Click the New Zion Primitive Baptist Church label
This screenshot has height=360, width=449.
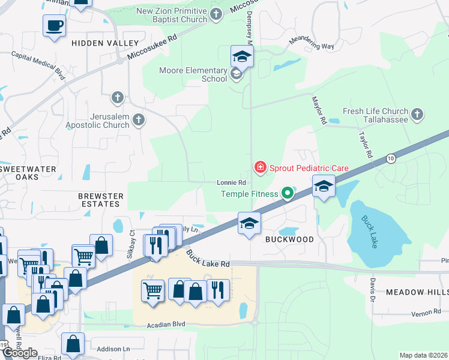tap(171, 15)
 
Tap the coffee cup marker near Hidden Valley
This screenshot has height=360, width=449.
tap(55, 26)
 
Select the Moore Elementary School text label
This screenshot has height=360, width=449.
tap(193, 74)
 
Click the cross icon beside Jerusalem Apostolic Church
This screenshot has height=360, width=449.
tap(139, 119)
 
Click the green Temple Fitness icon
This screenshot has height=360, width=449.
tap(288, 193)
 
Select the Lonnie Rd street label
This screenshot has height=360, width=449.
tap(232, 182)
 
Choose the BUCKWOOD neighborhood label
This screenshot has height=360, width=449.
tap(290, 239)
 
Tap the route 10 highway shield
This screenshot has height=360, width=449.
tap(391, 158)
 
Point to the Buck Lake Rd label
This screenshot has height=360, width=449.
tap(208, 260)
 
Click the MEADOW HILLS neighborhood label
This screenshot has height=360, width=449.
tap(417, 292)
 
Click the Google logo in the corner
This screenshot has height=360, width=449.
tap(20, 353)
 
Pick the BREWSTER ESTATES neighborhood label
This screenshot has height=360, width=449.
tap(101, 200)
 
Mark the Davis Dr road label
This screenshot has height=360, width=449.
tap(372, 290)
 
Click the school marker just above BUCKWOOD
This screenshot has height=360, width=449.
tap(249, 223)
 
